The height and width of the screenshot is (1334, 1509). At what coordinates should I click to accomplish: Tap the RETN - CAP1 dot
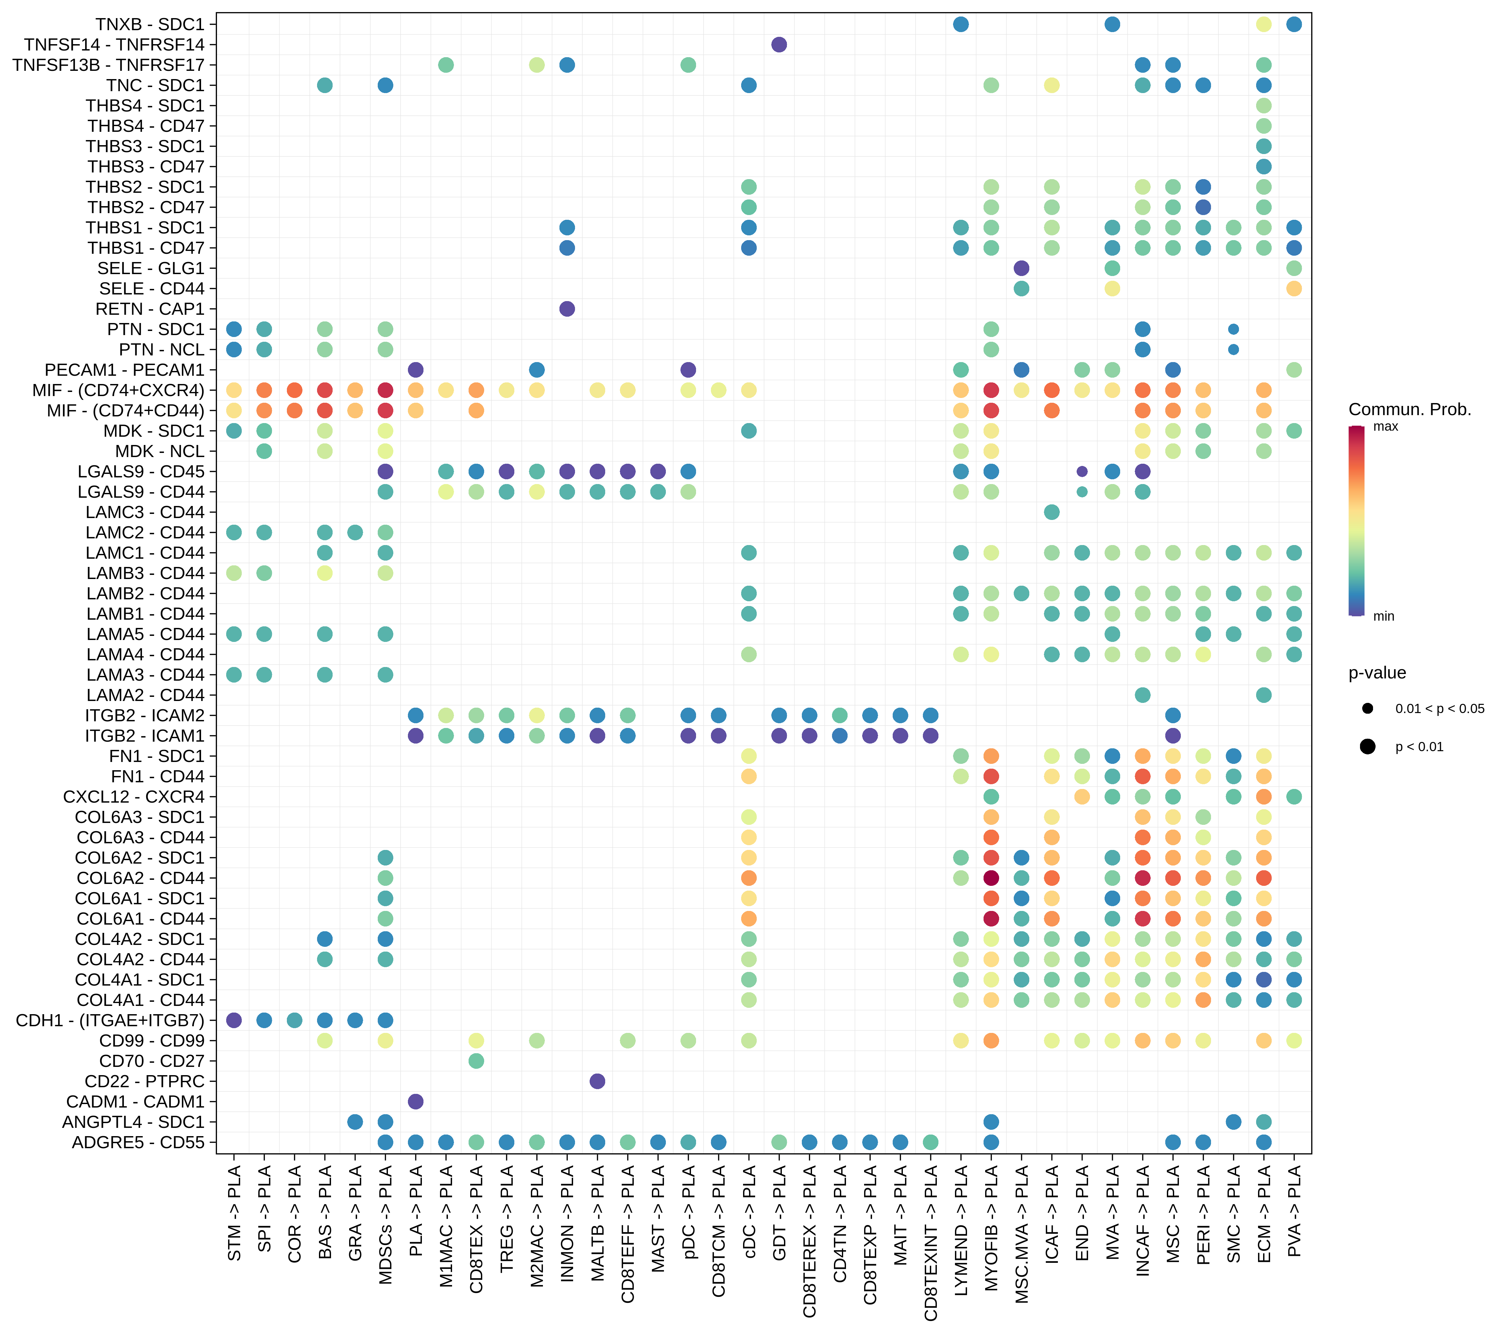567,309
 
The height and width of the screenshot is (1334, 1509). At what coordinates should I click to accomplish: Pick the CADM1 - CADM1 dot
416,1102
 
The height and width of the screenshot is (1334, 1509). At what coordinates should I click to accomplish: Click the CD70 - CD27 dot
476,1061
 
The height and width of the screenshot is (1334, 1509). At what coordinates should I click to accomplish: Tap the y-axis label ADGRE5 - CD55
138,1142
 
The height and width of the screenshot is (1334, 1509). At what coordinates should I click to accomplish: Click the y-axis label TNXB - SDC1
150,24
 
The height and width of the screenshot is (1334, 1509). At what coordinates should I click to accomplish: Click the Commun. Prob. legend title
1409,410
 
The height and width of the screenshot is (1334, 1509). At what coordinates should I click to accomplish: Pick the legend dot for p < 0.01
1367,746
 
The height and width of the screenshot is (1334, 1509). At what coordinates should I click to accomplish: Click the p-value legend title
1377,672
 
